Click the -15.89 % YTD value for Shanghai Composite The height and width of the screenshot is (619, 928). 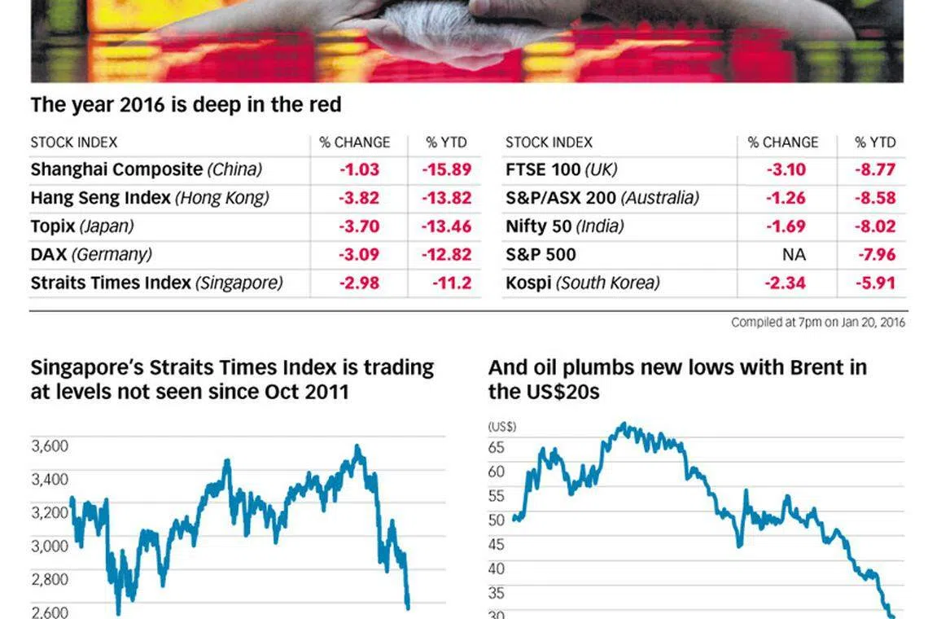point(446,169)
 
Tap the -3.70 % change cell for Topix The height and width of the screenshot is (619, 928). point(359,226)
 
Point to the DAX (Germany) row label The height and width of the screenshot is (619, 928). point(91,254)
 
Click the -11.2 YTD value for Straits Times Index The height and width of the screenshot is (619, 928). point(452,283)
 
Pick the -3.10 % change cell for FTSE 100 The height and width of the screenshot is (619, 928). point(786,169)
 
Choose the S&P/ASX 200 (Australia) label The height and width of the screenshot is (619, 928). point(602,198)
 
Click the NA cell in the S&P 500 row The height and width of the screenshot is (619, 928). point(794,254)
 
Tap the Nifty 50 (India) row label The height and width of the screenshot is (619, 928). point(571,226)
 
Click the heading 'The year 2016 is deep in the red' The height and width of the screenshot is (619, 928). point(186,105)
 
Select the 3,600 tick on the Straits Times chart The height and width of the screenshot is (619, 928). point(50,446)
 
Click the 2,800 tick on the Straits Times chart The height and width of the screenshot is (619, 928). point(50,579)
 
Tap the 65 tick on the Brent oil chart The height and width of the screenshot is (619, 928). point(496,447)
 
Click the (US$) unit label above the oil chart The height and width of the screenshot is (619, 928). point(501,426)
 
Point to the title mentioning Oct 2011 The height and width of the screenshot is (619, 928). point(232,380)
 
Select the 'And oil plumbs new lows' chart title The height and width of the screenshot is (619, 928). point(677,380)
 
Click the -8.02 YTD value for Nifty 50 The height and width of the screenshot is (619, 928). point(876,226)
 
